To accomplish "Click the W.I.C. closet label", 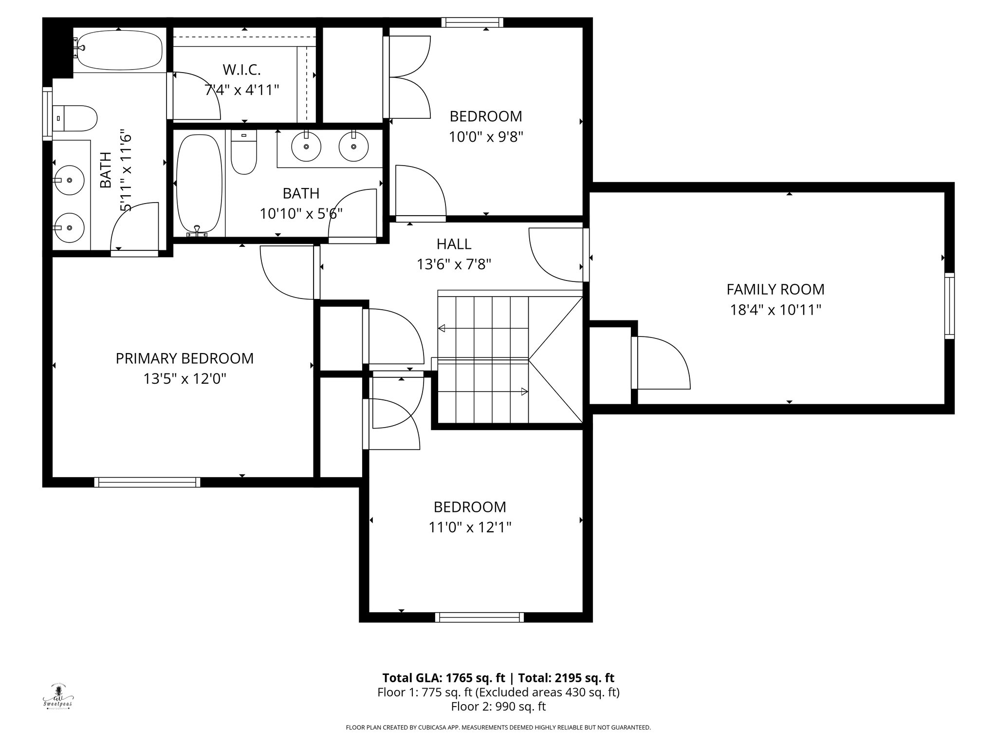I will pos(242,70).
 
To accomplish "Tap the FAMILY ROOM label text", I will pos(775,289).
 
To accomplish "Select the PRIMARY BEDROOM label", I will pos(185,358).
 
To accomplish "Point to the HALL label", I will pos(454,243).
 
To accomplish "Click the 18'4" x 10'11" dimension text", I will pos(775,310).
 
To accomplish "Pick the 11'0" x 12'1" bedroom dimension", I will pos(470,527).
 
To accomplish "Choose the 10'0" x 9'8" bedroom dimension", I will pos(486,137).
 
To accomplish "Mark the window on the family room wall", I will pos(949,306).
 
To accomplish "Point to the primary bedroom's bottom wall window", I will pos(147,482).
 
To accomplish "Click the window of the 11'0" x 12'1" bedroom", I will pos(480,617).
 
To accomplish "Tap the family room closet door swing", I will pos(662,363).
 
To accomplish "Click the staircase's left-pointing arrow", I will pos(442,328).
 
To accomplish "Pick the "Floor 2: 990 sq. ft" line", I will pos(498,707).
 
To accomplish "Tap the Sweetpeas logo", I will pos(57,697).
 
